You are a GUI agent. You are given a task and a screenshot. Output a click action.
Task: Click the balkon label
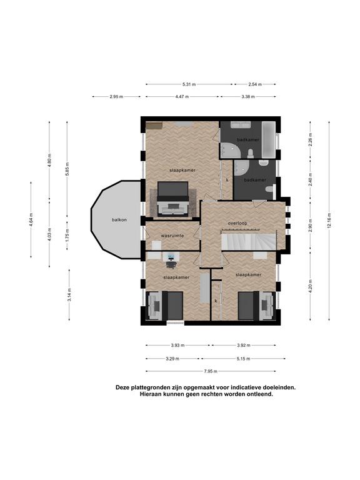coord(119,219)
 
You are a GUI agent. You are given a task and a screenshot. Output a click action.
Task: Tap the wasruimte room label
coord(172,236)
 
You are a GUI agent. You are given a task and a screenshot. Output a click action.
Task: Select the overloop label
coord(237,223)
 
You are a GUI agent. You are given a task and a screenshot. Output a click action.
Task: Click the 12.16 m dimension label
coord(329,221)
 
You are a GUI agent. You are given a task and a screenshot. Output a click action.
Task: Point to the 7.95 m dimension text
coord(211,371)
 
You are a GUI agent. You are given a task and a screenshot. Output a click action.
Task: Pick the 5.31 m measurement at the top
coord(189,84)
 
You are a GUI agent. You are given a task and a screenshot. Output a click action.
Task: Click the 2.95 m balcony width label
coord(116,97)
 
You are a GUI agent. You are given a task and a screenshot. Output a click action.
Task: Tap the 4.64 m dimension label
coord(31,220)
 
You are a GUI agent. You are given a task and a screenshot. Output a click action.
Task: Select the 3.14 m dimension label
coord(69,295)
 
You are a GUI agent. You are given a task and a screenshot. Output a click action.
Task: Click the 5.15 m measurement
coord(243,359)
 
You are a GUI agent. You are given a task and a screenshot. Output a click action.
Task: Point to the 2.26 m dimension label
coord(310,140)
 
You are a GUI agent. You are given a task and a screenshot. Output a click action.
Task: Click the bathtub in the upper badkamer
coord(269,139)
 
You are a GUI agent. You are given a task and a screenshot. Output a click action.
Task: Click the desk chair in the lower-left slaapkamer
coord(171,264)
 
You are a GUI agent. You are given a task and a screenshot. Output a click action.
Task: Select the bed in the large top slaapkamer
coord(172,199)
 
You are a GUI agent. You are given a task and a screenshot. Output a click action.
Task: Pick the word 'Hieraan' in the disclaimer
coord(150,394)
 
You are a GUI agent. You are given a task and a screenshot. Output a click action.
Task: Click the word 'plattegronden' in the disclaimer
coord(147,387)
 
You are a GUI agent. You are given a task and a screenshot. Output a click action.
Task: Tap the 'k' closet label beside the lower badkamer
coord(227,180)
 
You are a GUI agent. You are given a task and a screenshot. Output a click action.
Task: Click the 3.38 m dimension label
coord(248,97)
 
